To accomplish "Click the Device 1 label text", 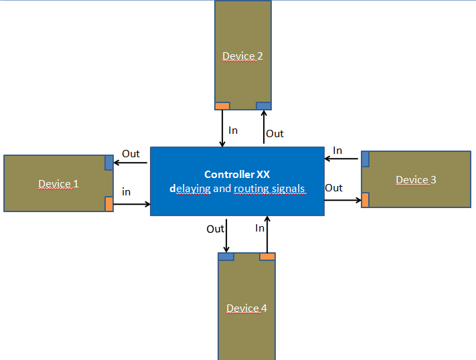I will tap(58, 184).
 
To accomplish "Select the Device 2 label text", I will tap(242, 56).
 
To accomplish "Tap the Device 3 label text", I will tap(416, 179).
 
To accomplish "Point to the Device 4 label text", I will tap(246, 308).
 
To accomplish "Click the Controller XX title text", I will tap(237, 174).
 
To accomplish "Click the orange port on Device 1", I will tap(109, 204).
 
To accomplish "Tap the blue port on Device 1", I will tap(109, 163).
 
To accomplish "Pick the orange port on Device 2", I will tap(222, 106).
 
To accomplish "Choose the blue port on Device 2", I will tap(264, 106).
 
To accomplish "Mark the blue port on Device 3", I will tap(366, 159).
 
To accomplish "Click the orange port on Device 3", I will tap(366, 199).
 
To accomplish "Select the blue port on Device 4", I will tap(226, 256).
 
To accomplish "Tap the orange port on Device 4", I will tap(267, 256).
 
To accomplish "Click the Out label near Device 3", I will tap(334, 188).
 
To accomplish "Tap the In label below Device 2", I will tap(233, 130).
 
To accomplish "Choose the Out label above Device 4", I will tap(215, 229).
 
